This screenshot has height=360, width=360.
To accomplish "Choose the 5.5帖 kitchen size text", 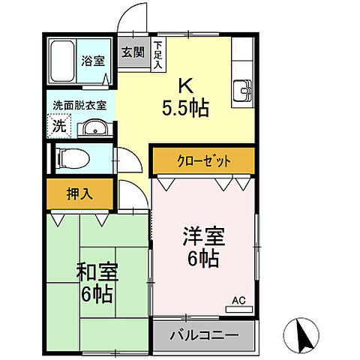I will pos(185,107).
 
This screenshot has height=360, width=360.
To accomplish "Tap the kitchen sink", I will pos(243,90).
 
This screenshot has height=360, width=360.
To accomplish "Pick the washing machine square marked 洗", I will pos(58,127).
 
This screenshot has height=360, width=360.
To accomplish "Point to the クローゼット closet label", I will pos(203,160).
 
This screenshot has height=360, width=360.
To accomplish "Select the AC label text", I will pos(238,301).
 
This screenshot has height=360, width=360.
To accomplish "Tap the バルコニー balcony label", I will pos(204,334).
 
